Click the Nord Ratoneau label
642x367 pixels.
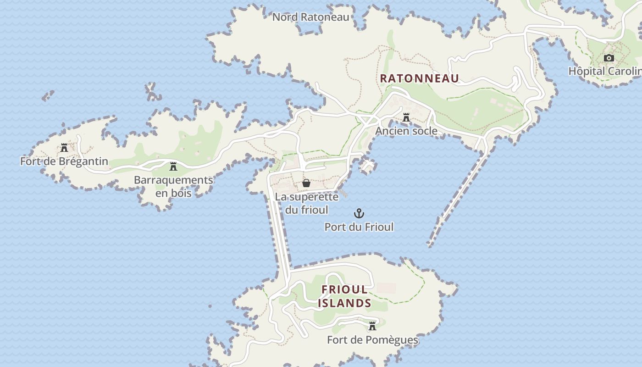pyautogui.click(x=310, y=17)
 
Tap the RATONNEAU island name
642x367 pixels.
pyautogui.click(x=419, y=78)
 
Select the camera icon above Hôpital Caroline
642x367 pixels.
pyautogui.click(x=609, y=58)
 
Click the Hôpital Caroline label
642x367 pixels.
pyautogui.click(x=604, y=71)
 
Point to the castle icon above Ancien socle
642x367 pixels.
pyautogui.click(x=406, y=118)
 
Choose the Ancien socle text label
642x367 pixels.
pyautogui.click(x=406, y=131)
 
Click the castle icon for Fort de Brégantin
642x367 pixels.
pyautogui.click(x=64, y=148)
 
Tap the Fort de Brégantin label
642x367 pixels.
pyautogui.click(x=64, y=161)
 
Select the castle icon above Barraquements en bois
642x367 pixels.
pyautogui.click(x=173, y=167)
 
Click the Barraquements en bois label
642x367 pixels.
pyautogui.click(x=173, y=186)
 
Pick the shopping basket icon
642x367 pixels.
pyautogui.click(x=306, y=183)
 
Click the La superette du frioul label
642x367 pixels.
pyautogui.click(x=307, y=203)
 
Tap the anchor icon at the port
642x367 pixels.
pyautogui.click(x=359, y=213)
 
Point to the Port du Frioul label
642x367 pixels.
pyautogui.click(x=359, y=227)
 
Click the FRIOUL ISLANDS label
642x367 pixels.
pyautogui.click(x=345, y=296)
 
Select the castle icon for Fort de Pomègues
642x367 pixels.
pyautogui.click(x=372, y=326)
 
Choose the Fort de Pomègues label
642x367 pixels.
pyautogui.click(x=372, y=340)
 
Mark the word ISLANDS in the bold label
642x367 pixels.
pyautogui.click(x=345, y=303)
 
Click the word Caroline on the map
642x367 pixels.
pyautogui.click(x=625, y=71)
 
